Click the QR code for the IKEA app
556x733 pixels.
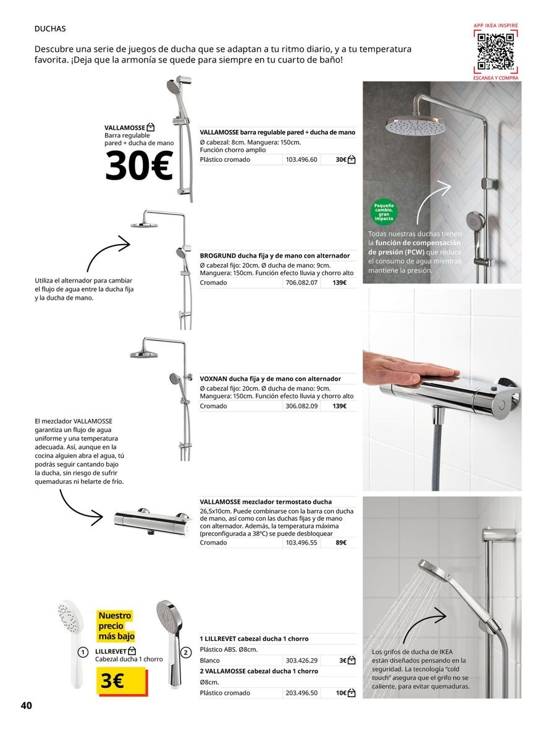point(495,52)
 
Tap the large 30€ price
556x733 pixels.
point(139,167)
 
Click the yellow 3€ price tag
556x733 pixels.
point(120,682)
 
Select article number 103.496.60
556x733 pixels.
point(301,159)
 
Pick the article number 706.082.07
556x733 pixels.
point(301,282)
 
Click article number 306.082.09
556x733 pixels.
point(301,406)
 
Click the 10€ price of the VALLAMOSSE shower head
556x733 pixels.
point(341,693)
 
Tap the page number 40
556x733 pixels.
point(26,706)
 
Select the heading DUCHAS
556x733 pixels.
point(50,28)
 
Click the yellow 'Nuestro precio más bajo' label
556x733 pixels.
point(116,625)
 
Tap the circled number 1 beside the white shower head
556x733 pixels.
point(83,652)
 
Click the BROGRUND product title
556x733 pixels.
point(275,255)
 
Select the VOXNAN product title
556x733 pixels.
point(270,378)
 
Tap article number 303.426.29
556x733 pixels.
point(301,661)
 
